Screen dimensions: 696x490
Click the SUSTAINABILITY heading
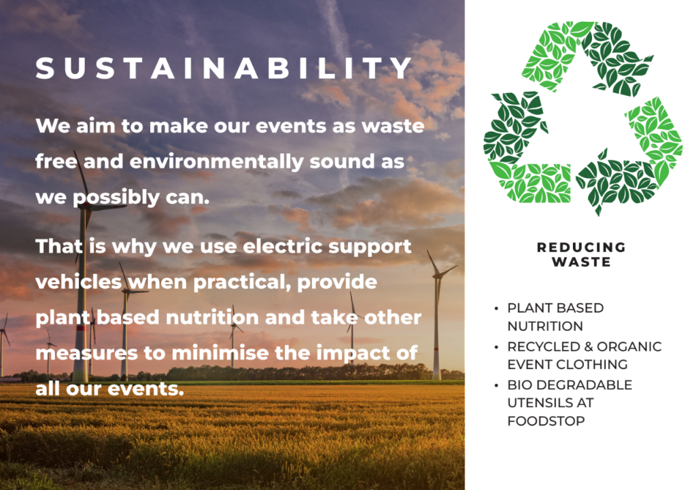[x=224, y=69]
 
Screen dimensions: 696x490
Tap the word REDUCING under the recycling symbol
[x=582, y=247]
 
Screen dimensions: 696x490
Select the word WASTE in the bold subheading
[x=582, y=262]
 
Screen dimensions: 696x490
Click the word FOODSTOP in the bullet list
[x=546, y=421]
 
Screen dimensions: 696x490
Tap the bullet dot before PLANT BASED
[x=496, y=308]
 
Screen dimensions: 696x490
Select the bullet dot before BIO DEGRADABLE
[x=496, y=385]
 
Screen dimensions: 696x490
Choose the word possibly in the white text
[x=116, y=198]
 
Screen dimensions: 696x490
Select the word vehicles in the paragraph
[x=79, y=282]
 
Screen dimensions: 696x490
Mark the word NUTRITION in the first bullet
[x=545, y=326]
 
